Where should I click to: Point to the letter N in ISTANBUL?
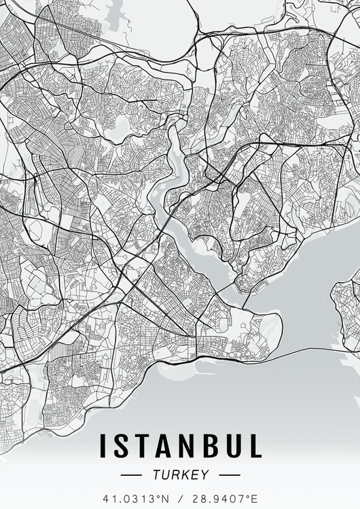[x=183, y=447]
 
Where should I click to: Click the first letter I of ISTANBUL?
[x=103, y=447]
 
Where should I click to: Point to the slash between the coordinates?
[x=179, y=497]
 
